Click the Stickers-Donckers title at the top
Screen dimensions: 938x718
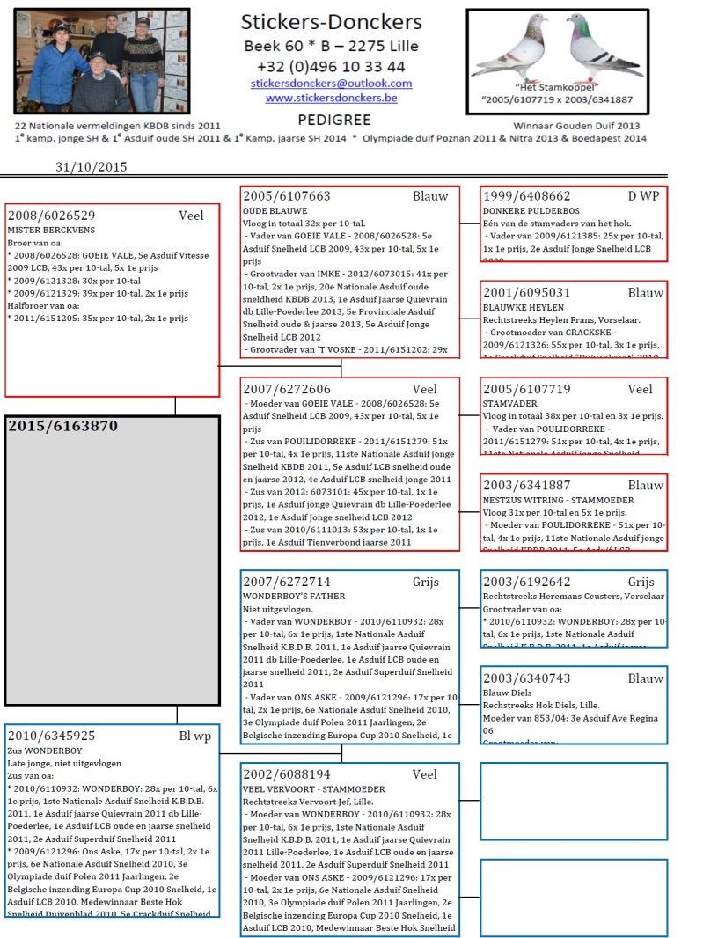coord(331,23)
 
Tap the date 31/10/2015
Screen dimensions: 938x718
coord(92,166)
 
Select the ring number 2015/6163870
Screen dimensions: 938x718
coord(62,426)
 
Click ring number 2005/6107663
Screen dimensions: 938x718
coord(287,196)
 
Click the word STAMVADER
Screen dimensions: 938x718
coord(509,404)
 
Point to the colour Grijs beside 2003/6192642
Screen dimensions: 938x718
coord(641,582)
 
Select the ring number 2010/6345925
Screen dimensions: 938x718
coord(52,736)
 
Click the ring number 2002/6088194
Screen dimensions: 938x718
coord(287,774)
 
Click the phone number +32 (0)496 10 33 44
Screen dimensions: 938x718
coord(331,66)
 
